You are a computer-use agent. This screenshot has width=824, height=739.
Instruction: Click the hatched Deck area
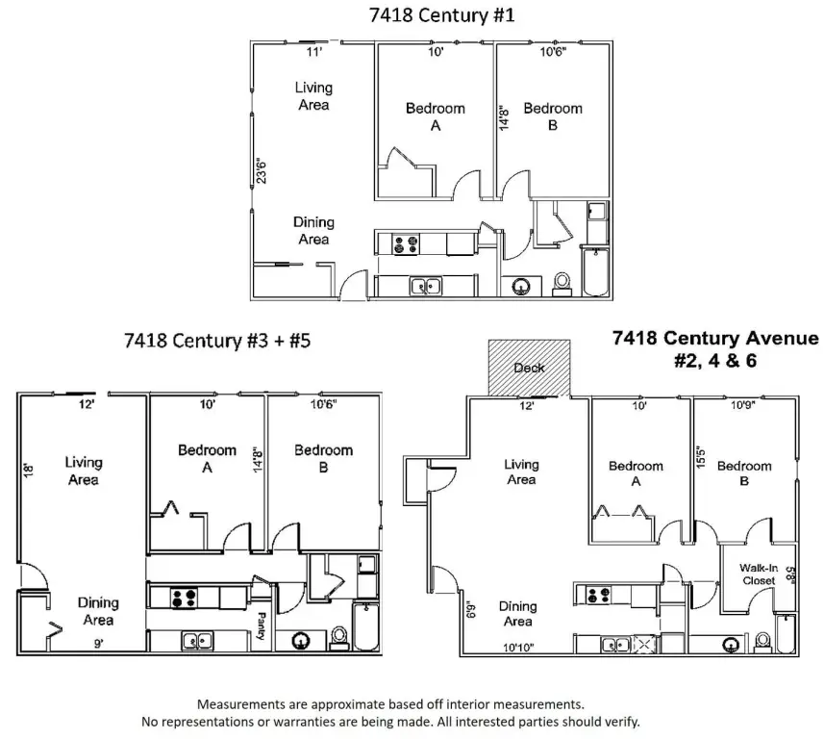tap(529, 368)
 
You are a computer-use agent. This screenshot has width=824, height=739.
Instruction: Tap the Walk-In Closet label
tap(759, 574)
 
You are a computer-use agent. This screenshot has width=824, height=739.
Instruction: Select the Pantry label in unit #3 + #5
tap(262, 625)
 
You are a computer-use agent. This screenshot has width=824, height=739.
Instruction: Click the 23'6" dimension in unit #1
tap(262, 171)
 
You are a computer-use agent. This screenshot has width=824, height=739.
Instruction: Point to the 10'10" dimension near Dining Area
tap(518, 648)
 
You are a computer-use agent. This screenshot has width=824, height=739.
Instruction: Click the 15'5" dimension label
tap(700, 456)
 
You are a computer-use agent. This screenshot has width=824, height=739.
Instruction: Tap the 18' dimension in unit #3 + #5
tap(29, 470)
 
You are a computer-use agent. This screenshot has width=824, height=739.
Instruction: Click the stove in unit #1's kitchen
tap(406, 244)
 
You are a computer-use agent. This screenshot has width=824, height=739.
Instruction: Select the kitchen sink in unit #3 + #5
tap(198, 641)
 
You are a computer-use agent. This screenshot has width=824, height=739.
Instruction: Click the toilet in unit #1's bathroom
tap(562, 283)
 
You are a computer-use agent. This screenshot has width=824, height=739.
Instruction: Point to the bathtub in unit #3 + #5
tap(365, 626)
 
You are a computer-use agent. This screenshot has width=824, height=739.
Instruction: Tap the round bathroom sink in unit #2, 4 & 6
tap(731, 645)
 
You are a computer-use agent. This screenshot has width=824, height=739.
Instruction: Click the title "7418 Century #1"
tap(442, 14)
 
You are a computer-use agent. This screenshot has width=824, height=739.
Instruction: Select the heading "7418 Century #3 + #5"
tap(217, 341)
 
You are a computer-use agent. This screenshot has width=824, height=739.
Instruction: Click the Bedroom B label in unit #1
tap(553, 116)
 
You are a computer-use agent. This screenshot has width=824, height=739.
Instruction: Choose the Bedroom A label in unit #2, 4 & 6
tap(636, 473)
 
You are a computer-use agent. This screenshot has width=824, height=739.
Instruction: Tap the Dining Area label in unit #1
tap(313, 230)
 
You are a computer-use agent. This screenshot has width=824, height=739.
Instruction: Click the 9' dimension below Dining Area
tap(98, 644)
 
